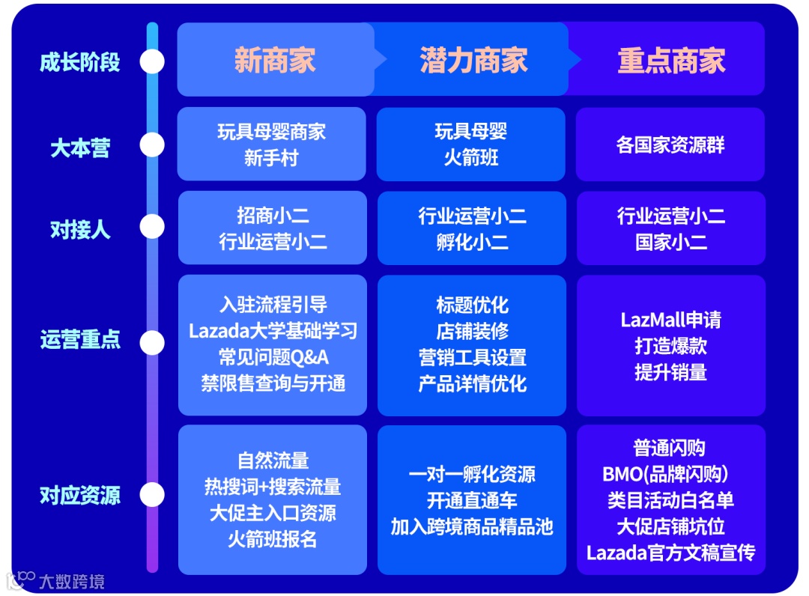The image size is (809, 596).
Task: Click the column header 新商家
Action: (275, 61)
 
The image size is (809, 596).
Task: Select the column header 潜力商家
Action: (473, 61)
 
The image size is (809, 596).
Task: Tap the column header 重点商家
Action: (671, 61)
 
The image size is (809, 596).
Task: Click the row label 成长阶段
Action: (80, 61)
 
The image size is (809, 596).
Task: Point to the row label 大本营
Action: (80, 148)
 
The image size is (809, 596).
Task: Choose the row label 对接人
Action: (80, 229)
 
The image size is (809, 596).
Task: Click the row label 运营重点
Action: (80, 341)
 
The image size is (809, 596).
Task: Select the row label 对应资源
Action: (80, 495)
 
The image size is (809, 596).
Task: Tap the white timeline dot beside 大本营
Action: (152, 145)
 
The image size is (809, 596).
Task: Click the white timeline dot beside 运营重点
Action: (152, 343)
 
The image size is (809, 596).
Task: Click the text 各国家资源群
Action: (670, 145)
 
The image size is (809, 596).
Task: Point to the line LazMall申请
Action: (670, 320)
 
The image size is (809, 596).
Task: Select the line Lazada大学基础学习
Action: (273, 330)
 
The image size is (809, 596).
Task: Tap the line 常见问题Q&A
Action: (273, 356)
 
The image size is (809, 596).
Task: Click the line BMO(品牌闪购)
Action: (666, 474)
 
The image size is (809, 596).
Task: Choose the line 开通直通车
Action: (472, 500)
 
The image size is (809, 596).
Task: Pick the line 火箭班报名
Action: (273, 539)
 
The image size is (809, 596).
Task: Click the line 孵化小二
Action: (472, 242)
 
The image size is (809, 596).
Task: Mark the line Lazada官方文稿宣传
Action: (670, 553)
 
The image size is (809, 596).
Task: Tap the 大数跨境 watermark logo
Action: (55, 580)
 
